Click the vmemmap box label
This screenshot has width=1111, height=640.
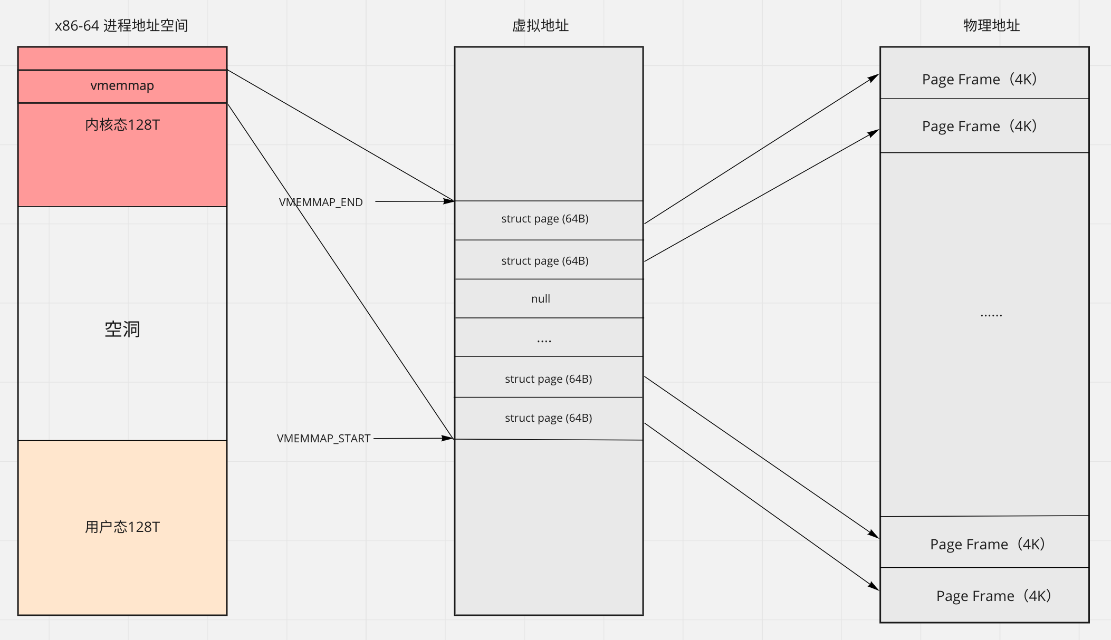coord(122,85)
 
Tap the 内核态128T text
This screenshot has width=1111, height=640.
coord(122,125)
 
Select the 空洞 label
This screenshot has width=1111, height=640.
coord(122,329)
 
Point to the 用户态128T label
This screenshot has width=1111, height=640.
coord(122,527)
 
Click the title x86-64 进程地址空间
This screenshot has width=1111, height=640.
coord(121,25)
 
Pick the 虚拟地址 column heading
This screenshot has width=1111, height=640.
coord(540,25)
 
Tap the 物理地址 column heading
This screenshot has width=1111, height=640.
coord(991,25)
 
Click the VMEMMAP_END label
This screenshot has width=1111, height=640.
coord(321,202)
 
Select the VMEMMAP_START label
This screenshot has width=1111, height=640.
coord(323,439)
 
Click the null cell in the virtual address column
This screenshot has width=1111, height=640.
coord(541,299)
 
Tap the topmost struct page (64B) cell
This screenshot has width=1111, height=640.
coord(545,219)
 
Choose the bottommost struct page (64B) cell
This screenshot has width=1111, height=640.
coord(548,418)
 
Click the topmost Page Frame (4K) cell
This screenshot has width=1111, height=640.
coord(980,79)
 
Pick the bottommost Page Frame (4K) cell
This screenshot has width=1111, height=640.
coord(993,596)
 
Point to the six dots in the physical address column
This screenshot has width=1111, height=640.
coord(991,315)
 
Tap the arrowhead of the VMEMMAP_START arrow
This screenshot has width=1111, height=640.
coord(448,438)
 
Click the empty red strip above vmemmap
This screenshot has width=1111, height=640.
coord(122,58)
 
